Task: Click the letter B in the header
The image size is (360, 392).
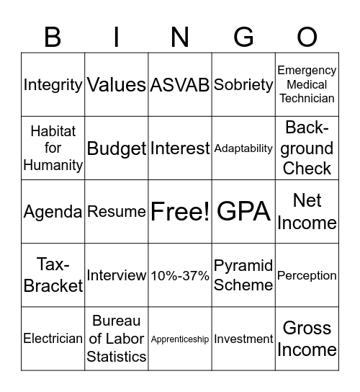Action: [53, 36]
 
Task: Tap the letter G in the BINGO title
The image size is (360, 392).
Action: [243, 36]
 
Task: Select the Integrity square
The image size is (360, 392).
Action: [53, 85]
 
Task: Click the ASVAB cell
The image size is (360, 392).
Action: [180, 85]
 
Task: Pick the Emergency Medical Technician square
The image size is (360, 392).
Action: [307, 85]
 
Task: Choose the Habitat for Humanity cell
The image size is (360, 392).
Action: [53, 148]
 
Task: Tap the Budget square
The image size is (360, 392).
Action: [117, 148]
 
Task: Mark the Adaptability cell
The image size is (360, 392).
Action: [243, 148]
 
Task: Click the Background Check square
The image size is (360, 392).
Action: [307, 148]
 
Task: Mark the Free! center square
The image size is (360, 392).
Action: [180, 212]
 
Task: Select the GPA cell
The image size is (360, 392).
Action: [243, 212]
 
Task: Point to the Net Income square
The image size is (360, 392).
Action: [307, 212]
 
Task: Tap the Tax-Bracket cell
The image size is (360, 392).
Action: [53, 275]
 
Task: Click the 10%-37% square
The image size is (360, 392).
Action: [180, 275]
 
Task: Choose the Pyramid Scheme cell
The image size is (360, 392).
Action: [243, 275]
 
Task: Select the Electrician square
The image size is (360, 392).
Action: [53, 339]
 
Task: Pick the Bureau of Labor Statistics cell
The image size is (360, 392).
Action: [117, 339]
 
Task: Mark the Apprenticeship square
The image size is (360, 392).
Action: [180, 339]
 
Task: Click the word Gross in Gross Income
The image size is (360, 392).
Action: [307, 328]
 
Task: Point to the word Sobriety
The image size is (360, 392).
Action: [243, 85]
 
